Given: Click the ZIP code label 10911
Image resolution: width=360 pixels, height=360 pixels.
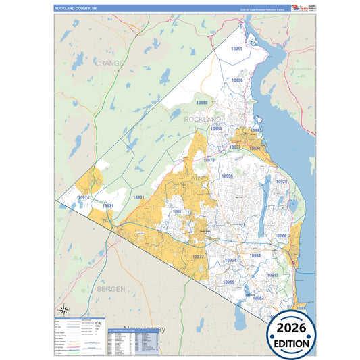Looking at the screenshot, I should click(236, 49).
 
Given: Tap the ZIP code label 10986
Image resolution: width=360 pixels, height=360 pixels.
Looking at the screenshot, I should click(236, 80).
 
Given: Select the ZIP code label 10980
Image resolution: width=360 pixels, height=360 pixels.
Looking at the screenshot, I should click(202, 103).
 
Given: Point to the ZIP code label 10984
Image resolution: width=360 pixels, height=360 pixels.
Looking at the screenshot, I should click(215, 128).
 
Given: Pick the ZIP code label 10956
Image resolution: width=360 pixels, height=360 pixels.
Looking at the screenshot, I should click(228, 176).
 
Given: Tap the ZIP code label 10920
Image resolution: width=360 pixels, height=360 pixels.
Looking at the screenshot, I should click(282, 182).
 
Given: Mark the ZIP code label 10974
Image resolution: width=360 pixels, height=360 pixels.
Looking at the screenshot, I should click(83, 197).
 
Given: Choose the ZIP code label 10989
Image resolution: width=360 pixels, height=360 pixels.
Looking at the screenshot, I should click(281, 235).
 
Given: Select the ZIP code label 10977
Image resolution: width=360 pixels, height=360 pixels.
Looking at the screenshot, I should click(198, 257).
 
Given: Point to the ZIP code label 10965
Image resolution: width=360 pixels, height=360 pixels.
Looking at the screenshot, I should click(229, 282).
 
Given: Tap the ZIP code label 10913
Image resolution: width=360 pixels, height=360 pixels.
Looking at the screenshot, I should click(273, 276).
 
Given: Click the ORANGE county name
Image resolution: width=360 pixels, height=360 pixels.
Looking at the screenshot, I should click(109, 63).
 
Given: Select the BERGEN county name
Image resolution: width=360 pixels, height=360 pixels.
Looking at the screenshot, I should click(110, 288).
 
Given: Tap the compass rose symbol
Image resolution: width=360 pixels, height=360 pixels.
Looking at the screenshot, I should click(63, 310).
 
